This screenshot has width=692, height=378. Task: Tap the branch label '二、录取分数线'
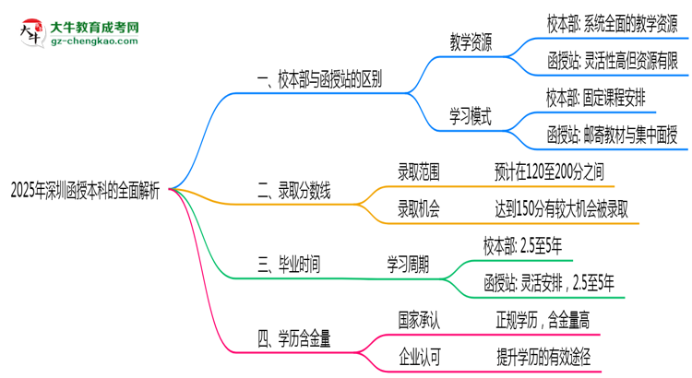pyautogui.click(x=294, y=191)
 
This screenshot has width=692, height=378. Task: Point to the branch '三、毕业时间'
pyautogui.click(x=289, y=265)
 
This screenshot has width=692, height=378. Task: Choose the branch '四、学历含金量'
pyautogui.click(x=294, y=338)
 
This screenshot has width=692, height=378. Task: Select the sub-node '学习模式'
pyautogui.click(x=470, y=116)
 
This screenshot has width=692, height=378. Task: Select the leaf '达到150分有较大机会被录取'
pyautogui.click(x=562, y=209)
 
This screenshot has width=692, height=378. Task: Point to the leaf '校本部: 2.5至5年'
pyautogui.click(x=522, y=245)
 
